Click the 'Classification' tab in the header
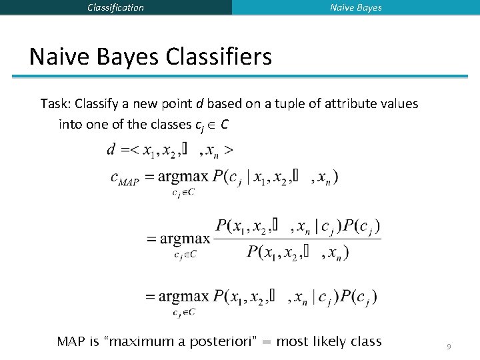point(115,7)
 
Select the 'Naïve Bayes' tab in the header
point(356,7)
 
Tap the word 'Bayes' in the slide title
point(124,57)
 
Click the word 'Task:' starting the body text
point(55,104)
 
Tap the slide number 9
point(449,346)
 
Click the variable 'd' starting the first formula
point(111,150)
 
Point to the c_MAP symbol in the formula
point(124,179)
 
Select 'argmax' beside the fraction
point(178,239)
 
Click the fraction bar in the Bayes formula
point(297,239)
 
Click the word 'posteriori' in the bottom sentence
point(231,342)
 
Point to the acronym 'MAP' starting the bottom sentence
point(71,342)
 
